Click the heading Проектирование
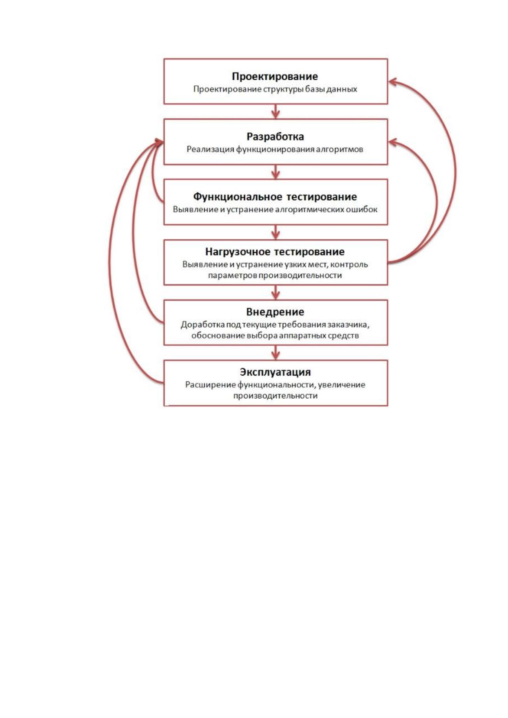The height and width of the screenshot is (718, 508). pos(275,76)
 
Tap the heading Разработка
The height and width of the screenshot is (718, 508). pos(275,136)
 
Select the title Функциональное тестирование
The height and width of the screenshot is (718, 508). pos(275,197)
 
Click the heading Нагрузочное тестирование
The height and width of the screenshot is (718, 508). pos(275,252)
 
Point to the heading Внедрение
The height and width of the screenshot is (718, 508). pos(275,312)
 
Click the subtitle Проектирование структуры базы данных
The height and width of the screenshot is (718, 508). pos(275,89)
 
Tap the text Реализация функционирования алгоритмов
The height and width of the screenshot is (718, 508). pos(275,149)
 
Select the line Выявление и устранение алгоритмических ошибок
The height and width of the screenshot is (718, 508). pos(275,209)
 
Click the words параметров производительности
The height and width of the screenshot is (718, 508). pos(275,275)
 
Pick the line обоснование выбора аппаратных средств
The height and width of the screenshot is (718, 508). pos(275,336)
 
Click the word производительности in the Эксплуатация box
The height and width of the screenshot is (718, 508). pos(275,396)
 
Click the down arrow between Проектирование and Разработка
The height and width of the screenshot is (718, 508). pos(276,112)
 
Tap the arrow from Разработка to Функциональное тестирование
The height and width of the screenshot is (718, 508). pos(276,172)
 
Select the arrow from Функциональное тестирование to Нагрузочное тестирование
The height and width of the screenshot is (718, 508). pos(276,232)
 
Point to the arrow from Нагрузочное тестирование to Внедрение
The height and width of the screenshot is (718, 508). pos(276,292)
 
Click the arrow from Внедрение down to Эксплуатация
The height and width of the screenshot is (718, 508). pos(276,353)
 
